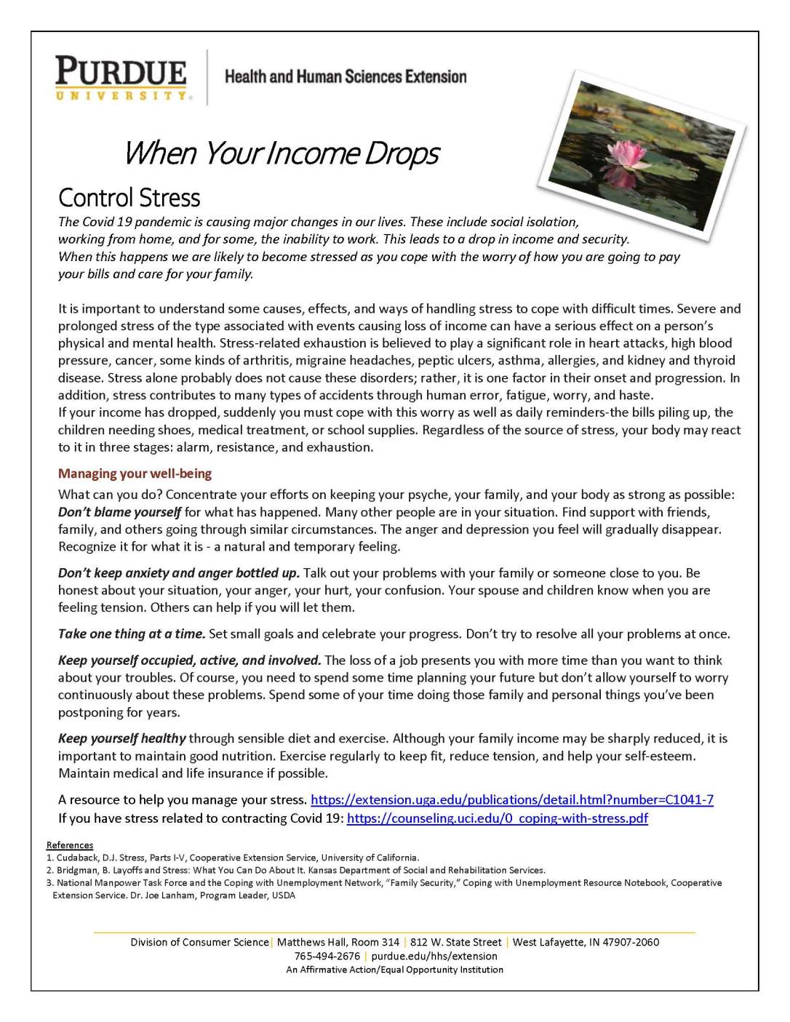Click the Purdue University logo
coord(121,78)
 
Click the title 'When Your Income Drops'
coord(282,153)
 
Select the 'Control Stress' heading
coord(129,198)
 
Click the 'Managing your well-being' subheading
coord(135,474)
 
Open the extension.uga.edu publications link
coord(511,799)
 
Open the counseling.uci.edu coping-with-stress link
coord(497,818)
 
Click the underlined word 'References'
coord(70,845)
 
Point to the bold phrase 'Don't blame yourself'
coord(119,512)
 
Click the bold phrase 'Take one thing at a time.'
coord(132,634)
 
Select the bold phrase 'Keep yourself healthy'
coord(122,738)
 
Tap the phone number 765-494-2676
coord(327,956)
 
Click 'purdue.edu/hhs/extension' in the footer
coord(434,956)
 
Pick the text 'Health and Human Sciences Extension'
coord(346,77)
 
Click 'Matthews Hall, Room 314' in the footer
coord(338,942)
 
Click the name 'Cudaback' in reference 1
coord(78,858)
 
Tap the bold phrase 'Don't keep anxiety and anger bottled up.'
coord(178,573)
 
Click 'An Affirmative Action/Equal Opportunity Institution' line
coord(394,970)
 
